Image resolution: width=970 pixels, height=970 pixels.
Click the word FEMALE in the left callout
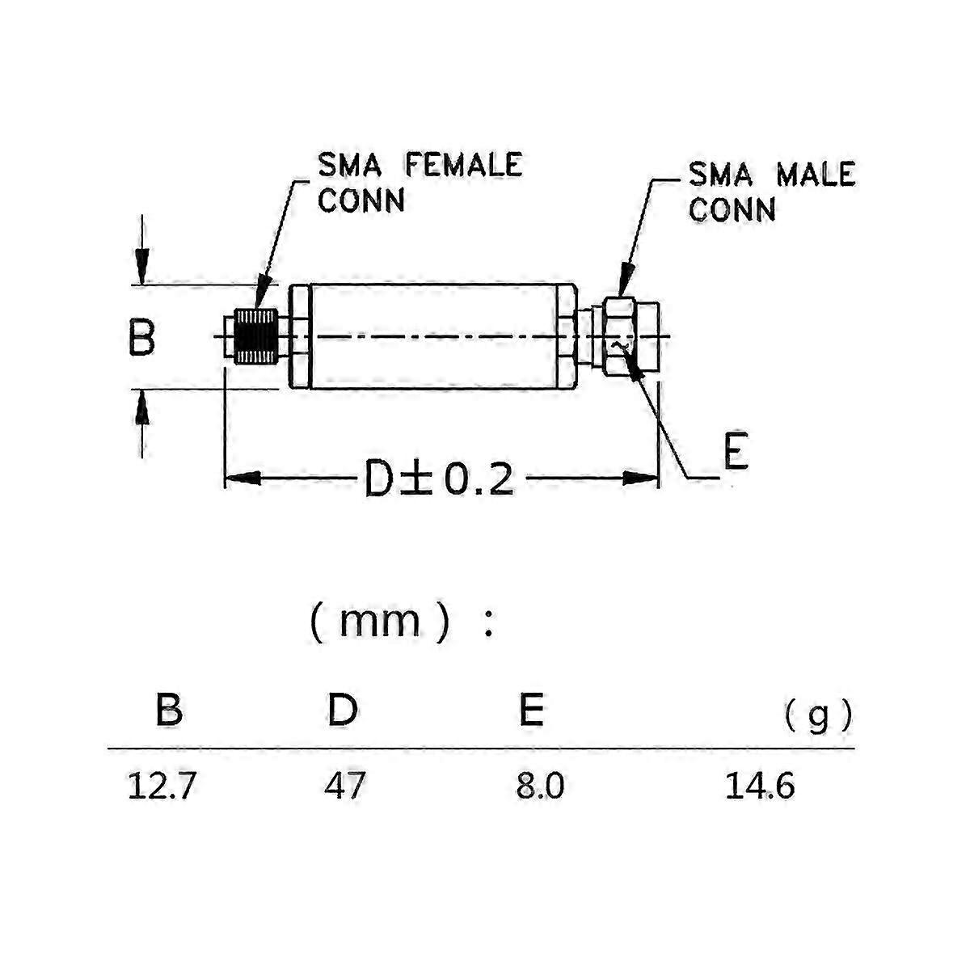pos(463,165)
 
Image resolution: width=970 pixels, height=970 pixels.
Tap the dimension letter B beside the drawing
pos(142,337)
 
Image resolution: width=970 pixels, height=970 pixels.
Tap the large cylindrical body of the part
pos(432,337)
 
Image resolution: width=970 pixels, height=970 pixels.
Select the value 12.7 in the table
pos(162,786)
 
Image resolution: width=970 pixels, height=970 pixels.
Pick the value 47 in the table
pos(345,786)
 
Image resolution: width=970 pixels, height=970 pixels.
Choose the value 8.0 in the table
pos(540,786)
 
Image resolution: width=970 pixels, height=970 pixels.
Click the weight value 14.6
pos(759,786)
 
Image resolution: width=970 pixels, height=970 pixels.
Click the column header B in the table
pos(169,710)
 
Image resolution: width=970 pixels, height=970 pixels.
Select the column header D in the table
pos(343,710)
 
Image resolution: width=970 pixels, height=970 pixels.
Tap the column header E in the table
pos(531,710)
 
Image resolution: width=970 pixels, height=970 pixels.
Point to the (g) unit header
pos(818,715)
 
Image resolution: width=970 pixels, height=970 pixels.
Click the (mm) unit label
pos(380,622)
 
